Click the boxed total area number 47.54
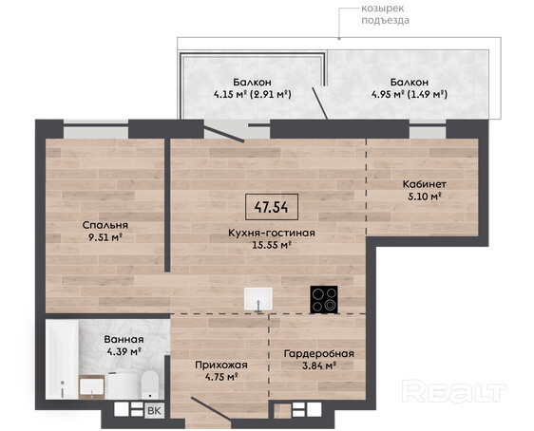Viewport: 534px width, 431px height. pyautogui.click(x=272, y=207)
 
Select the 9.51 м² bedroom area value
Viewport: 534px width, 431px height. pyautogui.click(x=105, y=237)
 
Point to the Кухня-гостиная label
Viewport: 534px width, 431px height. pyautogui.click(x=272, y=233)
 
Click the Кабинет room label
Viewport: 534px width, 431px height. pyautogui.click(x=425, y=184)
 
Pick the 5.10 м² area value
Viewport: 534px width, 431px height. pyautogui.click(x=425, y=196)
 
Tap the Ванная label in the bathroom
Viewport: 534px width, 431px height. pyautogui.click(x=124, y=339)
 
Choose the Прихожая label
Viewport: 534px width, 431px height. pyautogui.click(x=221, y=365)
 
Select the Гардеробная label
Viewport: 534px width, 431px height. pyautogui.click(x=319, y=354)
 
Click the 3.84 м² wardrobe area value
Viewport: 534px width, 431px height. pyautogui.click(x=319, y=365)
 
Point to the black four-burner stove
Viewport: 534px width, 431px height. pyautogui.click(x=324, y=299)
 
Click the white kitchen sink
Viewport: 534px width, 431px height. pyautogui.click(x=258, y=299)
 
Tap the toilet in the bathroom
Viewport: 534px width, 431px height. pyautogui.click(x=150, y=384)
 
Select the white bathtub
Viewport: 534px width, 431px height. pyautogui.click(x=62, y=359)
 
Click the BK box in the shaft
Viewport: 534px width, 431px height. pyautogui.click(x=154, y=411)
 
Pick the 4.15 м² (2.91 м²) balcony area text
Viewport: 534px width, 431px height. pyautogui.click(x=253, y=94)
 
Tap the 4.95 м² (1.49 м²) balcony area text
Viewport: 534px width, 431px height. pyautogui.click(x=410, y=94)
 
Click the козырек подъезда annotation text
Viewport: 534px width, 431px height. pyautogui.click(x=385, y=14)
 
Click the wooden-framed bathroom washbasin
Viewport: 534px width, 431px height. pyautogui.click(x=91, y=387)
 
